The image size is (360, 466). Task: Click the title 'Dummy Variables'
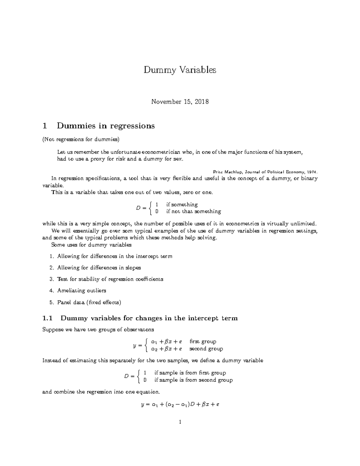pyautogui.click(x=180, y=70)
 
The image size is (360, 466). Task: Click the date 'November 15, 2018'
pyautogui.click(x=180, y=102)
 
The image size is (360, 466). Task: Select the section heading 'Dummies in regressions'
pyautogui.click(x=106, y=126)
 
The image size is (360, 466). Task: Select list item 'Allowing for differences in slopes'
pyautogui.click(x=99, y=268)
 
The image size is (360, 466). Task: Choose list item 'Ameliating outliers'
pyautogui.click(x=82, y=290)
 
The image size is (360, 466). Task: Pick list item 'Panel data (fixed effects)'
pyautogui.click(x=89, y=302)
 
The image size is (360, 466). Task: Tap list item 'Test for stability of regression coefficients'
pyautogui.click(x=110, y=279)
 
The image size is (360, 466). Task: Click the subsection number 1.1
pyautogui.click(x=47, y=318)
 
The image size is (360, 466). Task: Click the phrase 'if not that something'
pyautogui.click(x=193, y=212)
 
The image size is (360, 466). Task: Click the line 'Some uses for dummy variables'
pyautogui.click(x=91, y=245)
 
